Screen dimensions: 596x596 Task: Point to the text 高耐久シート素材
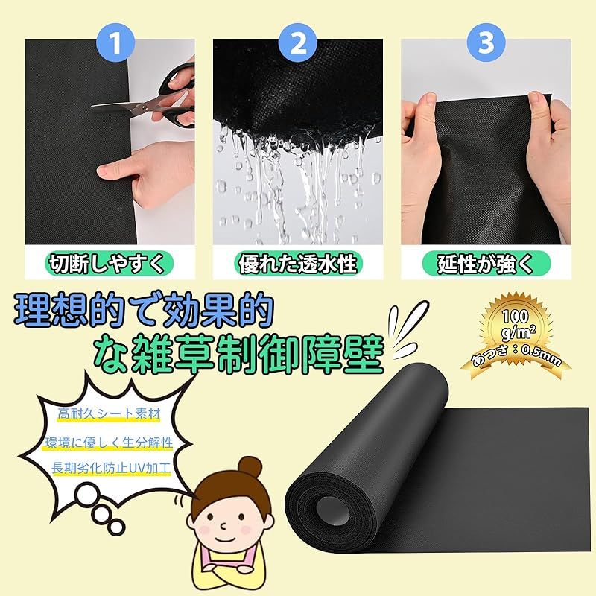tap(109, 414)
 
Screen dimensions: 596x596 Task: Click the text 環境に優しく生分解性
tap(109, 442)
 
